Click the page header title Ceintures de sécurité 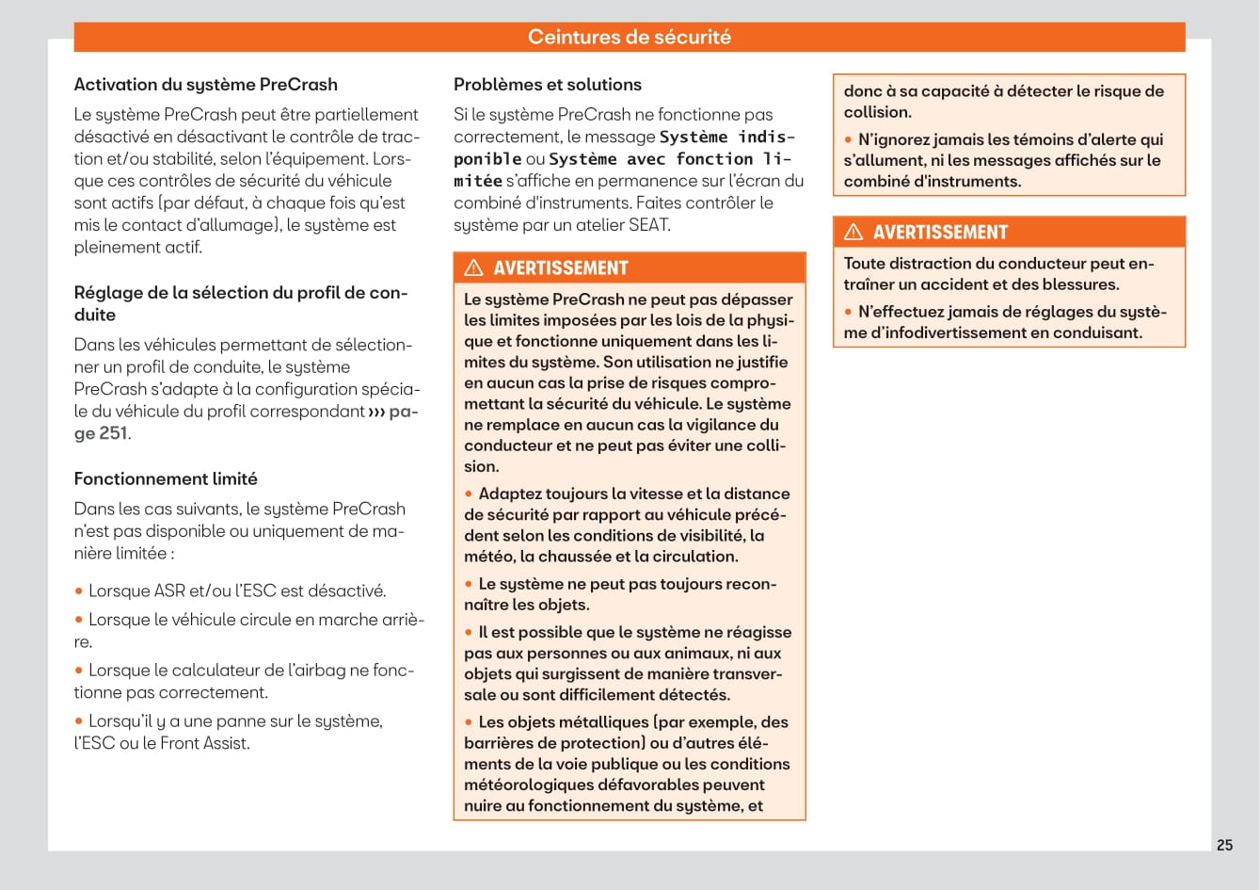pyautogui.click(x=629, y=37)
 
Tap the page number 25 pyautogui.click(x=1224, y=845)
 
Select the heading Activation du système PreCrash pyautogui.click(x=205, y=85)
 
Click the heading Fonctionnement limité pyautogui.click(x=166, y=478)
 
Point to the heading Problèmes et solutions pyautogui.click(x=547, y=85)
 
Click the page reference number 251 pyautogui.click(x=113, y=433)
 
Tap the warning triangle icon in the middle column pyautogui.click(x=473, y=267)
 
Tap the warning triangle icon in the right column pyautogui.click(x=853, y=232)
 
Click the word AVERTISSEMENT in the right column pyautogui.click(x=940, y=233)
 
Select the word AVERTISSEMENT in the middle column pyautogui.click(x=560, y=268)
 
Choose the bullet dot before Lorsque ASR pyautogui.click(x=79, y=591)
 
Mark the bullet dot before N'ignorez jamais pyautogui.click(x=848, y=140)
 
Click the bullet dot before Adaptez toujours pyautogui.click(x=469, y=494)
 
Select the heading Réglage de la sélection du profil pyautogui.click(x=240, y=293)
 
